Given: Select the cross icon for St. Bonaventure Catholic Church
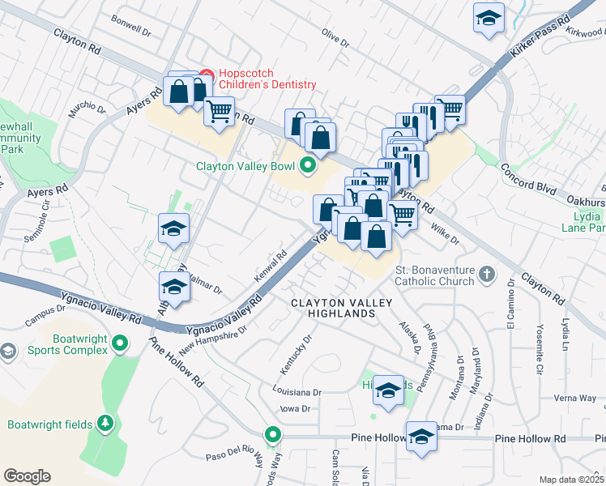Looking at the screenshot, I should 485,274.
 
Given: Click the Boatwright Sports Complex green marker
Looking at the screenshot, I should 121,343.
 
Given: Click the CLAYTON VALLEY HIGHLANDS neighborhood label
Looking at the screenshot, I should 341,309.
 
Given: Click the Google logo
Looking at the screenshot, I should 27,475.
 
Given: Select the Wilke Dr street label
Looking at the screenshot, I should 444,234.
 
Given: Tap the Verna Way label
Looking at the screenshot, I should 575,398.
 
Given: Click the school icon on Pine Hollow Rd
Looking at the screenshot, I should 421,437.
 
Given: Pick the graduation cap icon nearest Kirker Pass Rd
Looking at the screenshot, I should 488,19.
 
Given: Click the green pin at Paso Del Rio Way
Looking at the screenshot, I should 273,434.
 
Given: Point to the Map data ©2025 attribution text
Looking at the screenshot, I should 572,480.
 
